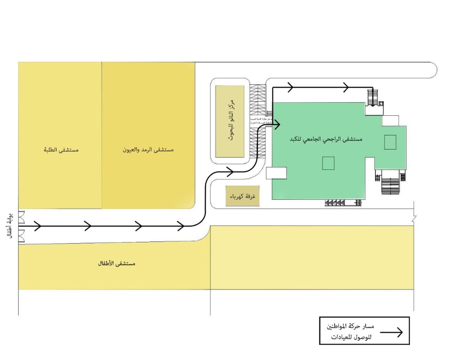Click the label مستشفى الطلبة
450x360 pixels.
[61, 150]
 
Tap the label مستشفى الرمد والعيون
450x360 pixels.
[148, 150]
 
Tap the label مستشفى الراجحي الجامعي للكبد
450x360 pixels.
[324, 139]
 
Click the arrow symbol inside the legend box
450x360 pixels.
[391, 332]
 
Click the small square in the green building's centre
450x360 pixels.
[328, 163]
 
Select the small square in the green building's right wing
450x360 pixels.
[390, 142]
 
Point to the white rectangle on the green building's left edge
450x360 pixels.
[276, 172]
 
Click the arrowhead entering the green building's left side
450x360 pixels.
[277, 124]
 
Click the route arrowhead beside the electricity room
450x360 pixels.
[230, 171]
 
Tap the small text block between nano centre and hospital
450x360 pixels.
[258, 121]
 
